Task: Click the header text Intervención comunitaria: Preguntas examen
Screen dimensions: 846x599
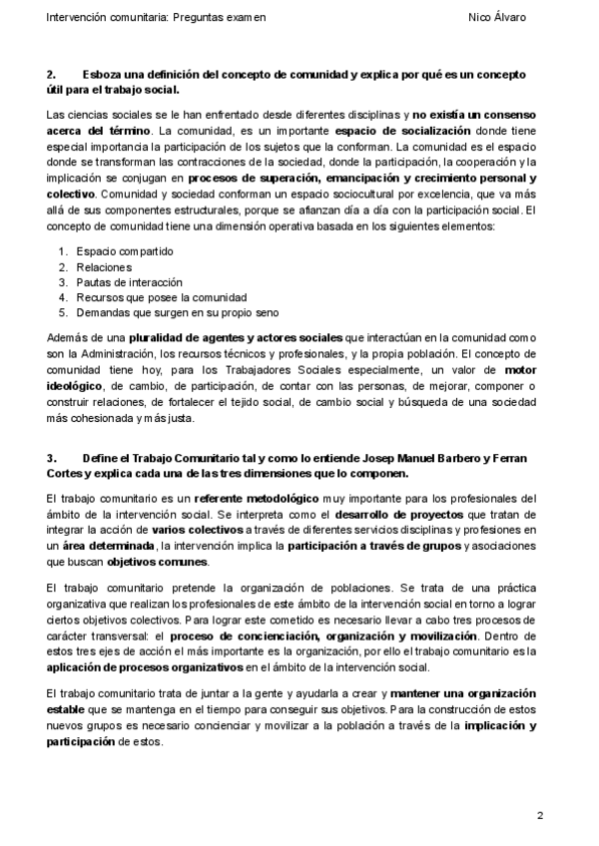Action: tap(157, 18)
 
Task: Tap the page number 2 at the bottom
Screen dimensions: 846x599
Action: tap(540, 816)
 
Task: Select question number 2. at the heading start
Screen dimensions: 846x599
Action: tap(52, 75)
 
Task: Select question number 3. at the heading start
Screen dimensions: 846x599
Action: tap(52, 457)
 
